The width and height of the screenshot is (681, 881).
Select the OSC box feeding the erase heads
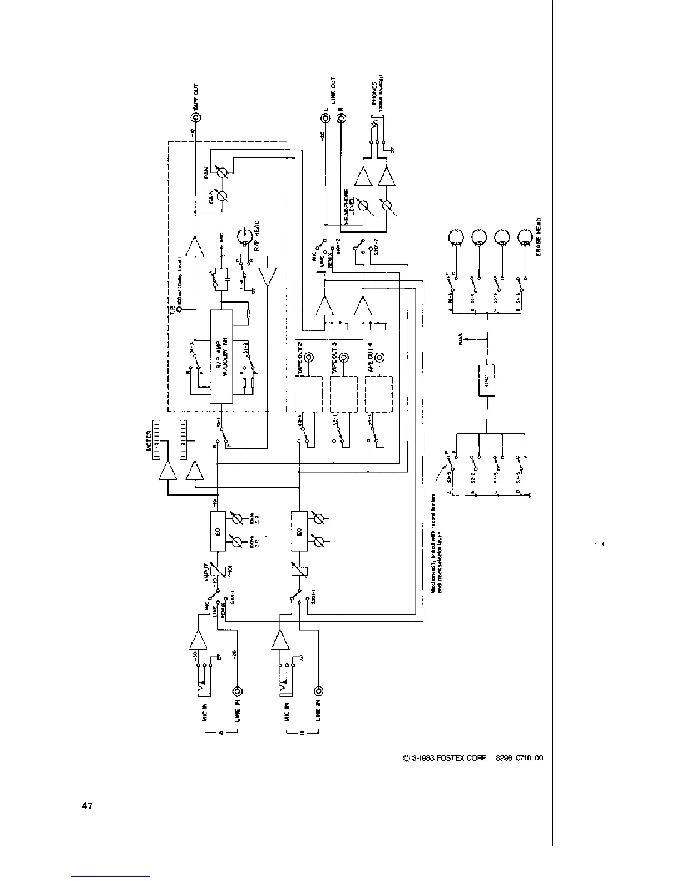[487, 380]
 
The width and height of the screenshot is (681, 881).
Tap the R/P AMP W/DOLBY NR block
[221, 357]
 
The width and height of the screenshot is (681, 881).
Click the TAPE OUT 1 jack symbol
[196, 118]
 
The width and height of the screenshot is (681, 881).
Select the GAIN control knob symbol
[223, 195]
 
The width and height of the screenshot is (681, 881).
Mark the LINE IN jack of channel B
[319, 691]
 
